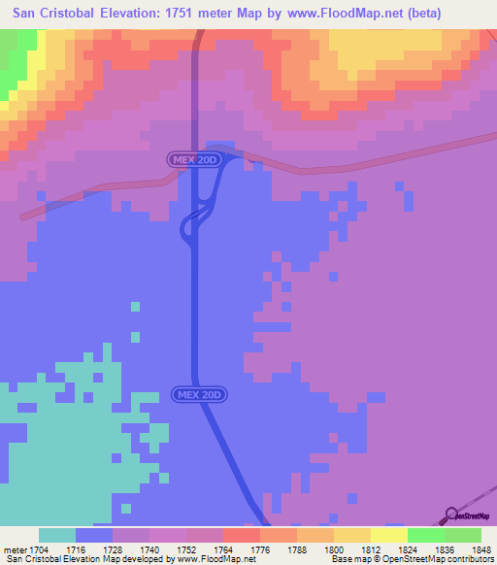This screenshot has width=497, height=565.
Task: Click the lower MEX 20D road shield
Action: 200,394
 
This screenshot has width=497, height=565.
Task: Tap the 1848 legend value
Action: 481,548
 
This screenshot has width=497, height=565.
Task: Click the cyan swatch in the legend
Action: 57,535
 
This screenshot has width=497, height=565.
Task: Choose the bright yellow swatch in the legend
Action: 388,535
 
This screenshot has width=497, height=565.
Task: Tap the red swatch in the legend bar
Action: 241,535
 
